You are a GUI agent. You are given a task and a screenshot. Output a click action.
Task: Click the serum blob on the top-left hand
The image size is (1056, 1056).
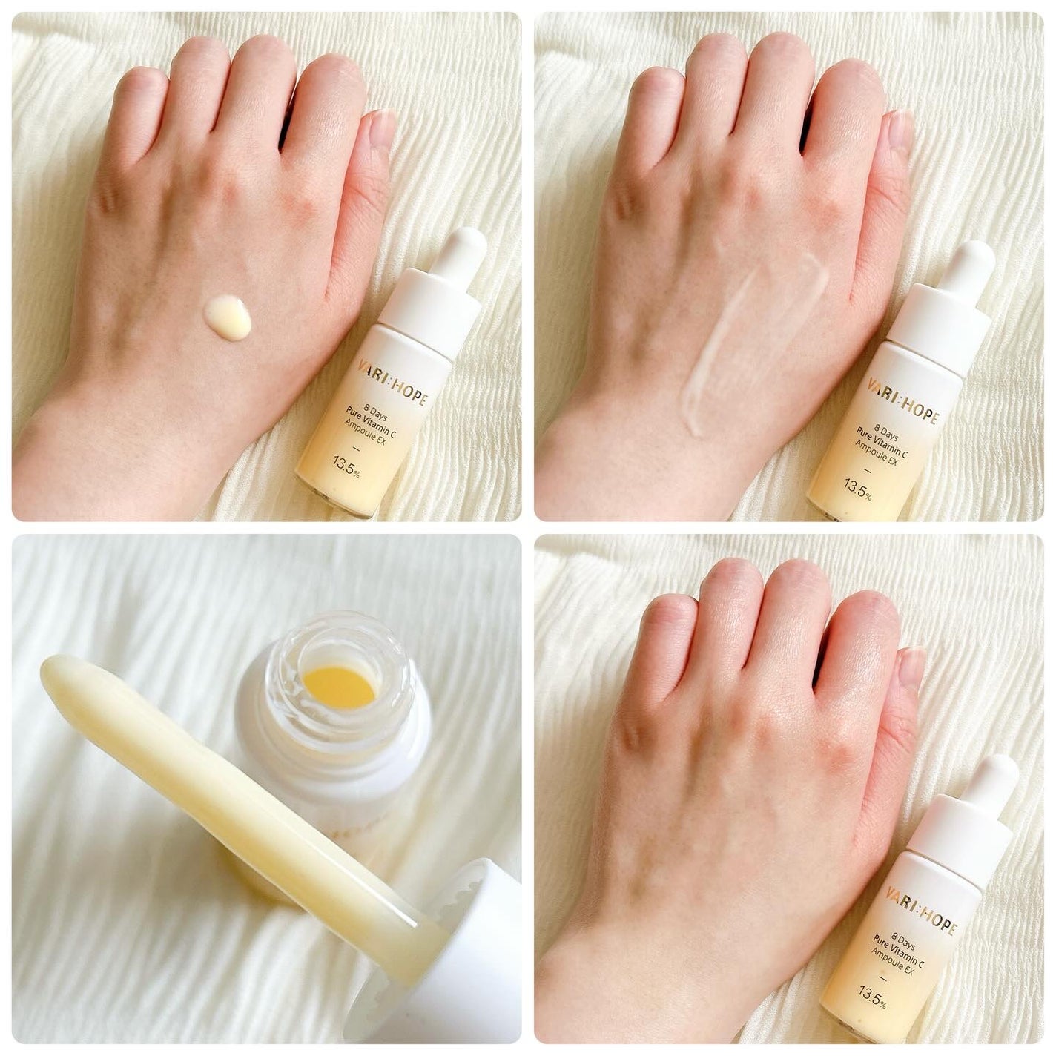pos(227,317)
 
